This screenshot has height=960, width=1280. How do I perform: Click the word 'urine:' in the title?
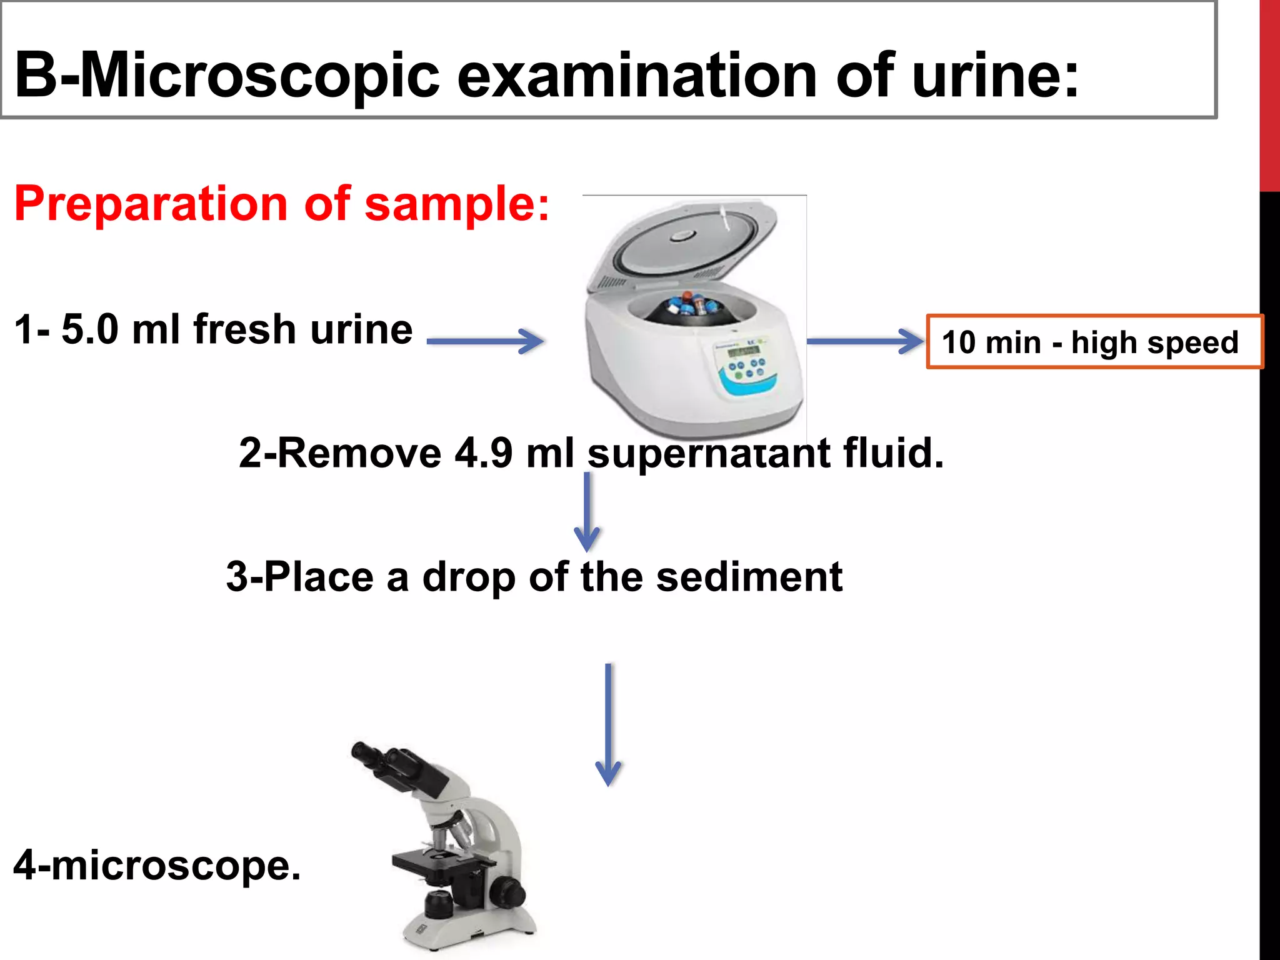coord(995,76)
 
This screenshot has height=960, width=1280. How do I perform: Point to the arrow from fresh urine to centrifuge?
coord(485,341)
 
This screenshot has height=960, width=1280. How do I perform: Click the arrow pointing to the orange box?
coord(865,341)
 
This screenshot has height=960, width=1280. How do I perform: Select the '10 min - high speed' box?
coord(1094,342)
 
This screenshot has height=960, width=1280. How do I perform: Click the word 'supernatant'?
coord(709,454)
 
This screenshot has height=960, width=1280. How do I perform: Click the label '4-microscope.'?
coord(157,865)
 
